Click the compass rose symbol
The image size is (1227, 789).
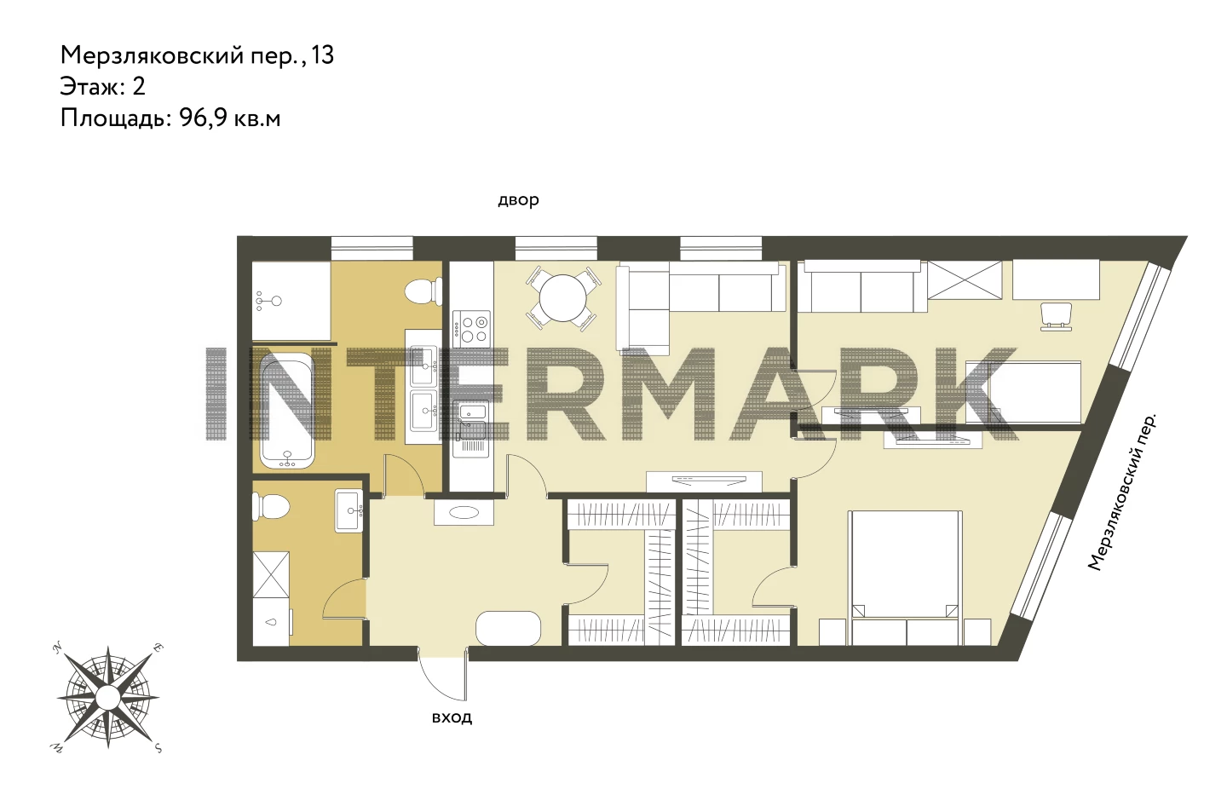[x=108, y=698]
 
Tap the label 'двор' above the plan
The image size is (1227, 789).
[x=518, y=200]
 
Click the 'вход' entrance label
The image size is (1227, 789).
[x=452, y=717]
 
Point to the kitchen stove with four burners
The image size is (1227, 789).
[x=471, y=328]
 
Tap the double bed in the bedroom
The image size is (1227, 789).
[x=905, y=578]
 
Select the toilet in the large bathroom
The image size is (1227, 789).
[x=423, y=291]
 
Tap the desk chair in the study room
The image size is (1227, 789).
[x=1056, y=317]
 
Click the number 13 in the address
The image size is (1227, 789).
[x=323, y=55]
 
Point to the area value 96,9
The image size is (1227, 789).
[x=203, y=118]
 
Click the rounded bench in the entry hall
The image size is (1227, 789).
[x=509, y=628]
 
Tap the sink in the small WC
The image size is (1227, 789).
[x=349, y=510]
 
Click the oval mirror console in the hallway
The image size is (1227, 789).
[x=464, y=512]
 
